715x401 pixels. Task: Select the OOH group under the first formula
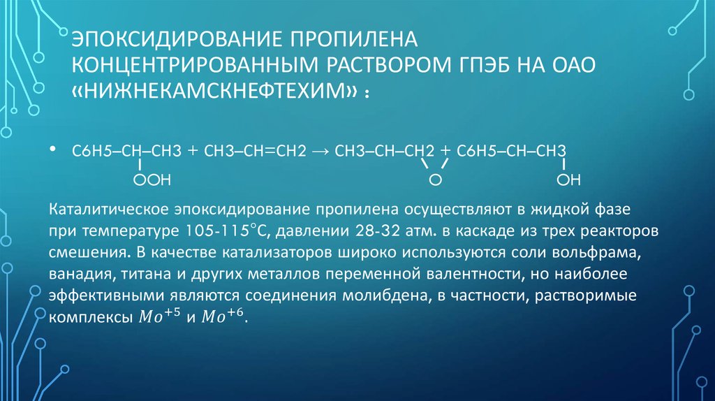coord(152,181)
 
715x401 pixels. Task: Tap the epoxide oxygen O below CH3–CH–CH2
coord(434,181)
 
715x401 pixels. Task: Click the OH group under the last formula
coord(568,181)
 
